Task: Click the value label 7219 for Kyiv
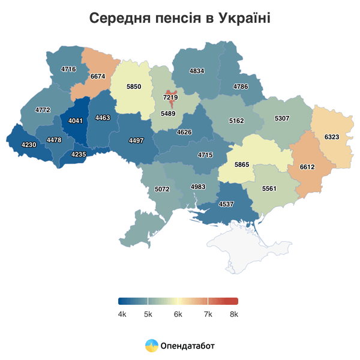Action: (170, 97)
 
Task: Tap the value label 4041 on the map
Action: (75, 121)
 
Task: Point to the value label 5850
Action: (134, 87)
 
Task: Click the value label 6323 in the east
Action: (331, 137)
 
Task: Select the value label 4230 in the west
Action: (28, 145)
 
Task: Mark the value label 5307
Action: (282, 118)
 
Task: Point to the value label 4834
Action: (197, 71)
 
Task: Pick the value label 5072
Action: (162, 189)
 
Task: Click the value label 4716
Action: (68, 69)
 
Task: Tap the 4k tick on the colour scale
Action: (122, 314)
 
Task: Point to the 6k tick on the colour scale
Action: (178, 314)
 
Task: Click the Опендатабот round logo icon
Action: (151, 346)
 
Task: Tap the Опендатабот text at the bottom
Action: (188, 346)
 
